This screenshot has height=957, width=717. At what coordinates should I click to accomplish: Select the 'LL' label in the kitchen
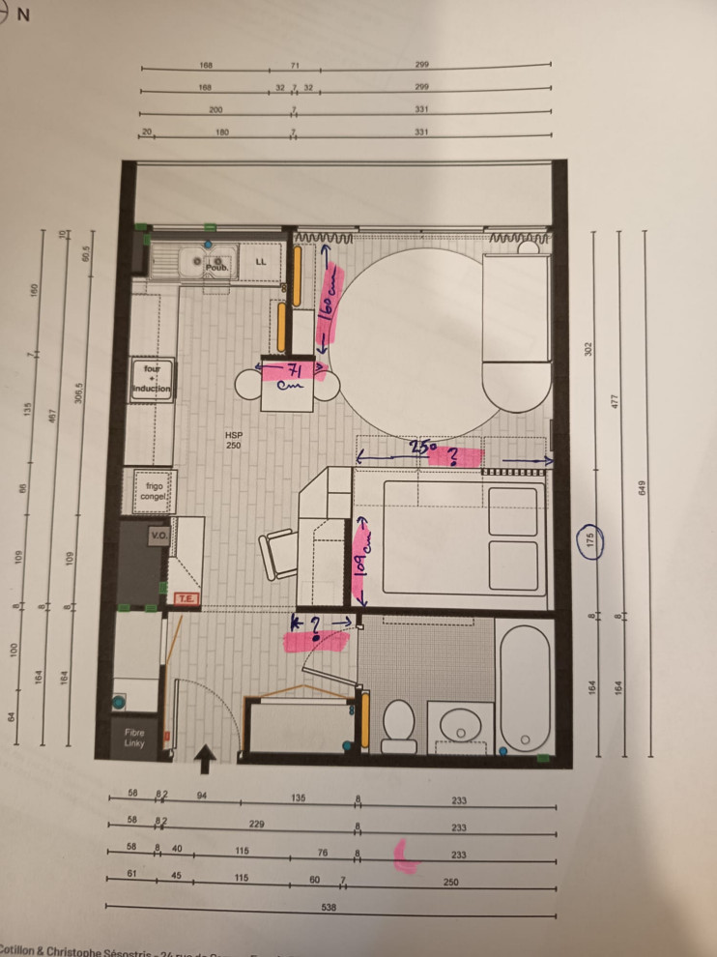[260, 262]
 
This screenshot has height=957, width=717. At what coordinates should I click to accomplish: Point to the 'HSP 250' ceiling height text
[233, 440]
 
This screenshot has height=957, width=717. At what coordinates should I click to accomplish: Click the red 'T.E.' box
[186, 599]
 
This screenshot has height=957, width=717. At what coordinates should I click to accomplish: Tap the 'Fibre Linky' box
[133, 738]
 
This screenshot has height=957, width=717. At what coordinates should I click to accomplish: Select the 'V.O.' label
[158, 534]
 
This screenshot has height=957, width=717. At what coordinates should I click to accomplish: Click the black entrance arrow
[205, 760]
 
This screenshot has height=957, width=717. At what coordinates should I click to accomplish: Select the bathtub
[526, 685]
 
